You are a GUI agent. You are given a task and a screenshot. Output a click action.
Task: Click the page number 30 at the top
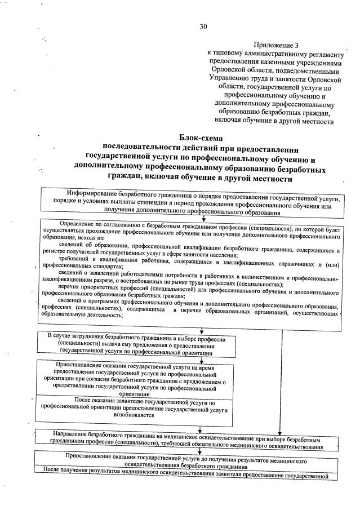point(203,26)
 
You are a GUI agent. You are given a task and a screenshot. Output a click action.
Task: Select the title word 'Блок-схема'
point(201,137)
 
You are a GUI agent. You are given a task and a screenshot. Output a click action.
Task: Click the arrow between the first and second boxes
point(203,218)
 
